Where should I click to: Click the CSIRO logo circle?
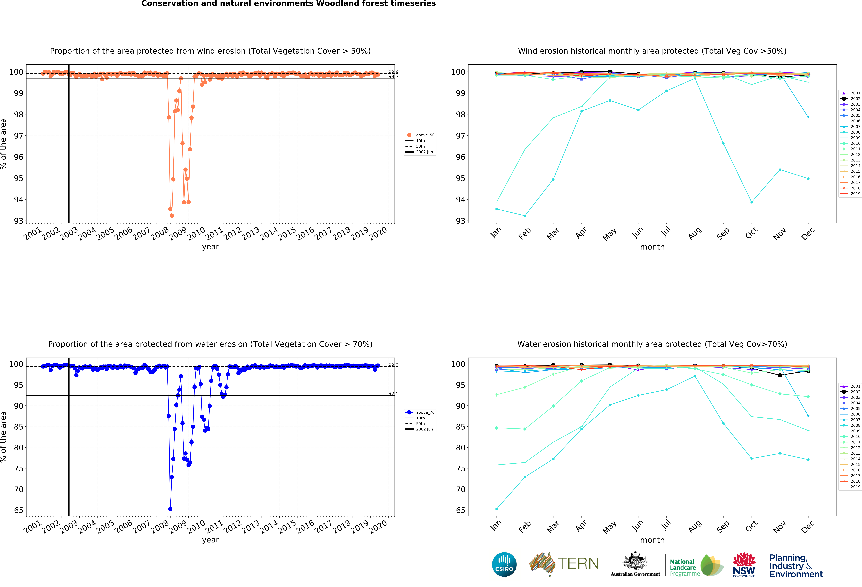point(504,564)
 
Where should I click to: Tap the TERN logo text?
point(578,564)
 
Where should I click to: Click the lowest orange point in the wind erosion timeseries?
point(172,216)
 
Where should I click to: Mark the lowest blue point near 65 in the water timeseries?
point(170,509)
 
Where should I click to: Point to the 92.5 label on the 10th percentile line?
point(393,394)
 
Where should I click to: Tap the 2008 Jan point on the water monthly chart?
point(497,509)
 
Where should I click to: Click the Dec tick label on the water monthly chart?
point(808,527)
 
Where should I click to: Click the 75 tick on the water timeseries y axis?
point(19,468)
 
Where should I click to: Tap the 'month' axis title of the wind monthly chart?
point(652,247)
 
